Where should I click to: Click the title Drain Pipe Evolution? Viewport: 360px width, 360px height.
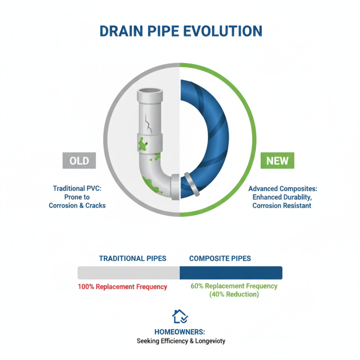click(180, 31)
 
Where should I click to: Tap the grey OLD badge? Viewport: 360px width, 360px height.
click(79, 161)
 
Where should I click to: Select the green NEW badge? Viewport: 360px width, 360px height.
click(278, 161)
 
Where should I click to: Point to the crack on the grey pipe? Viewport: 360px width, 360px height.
click(148, 120)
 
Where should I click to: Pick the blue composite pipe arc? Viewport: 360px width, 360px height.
click(211, 135)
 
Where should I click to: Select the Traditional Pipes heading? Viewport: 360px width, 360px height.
click(133, 259)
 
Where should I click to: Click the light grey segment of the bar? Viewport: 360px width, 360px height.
click(129, 273)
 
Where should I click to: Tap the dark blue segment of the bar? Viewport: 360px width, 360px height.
click(231, 273)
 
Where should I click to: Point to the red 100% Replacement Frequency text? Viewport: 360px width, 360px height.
click(122, 287)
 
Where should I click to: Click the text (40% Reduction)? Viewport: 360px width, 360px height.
click(234, 294)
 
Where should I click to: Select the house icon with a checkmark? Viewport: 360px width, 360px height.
click(180, 316)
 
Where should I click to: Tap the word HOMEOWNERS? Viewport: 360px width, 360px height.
click(180, 332)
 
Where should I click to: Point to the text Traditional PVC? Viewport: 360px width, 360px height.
click(78, 189)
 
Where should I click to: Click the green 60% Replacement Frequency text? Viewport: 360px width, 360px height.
click(234, 286)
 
